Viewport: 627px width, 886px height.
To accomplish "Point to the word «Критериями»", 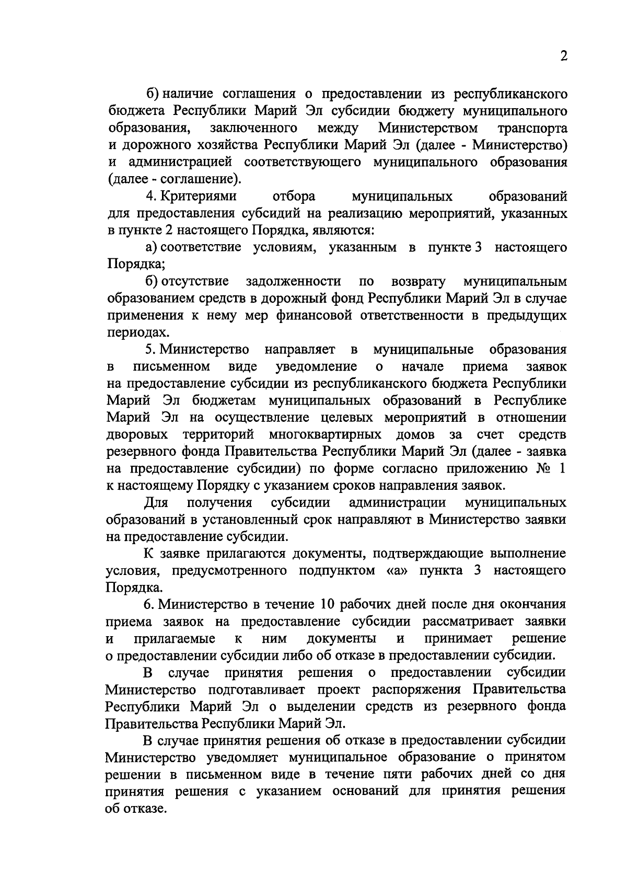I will tap(198, 197).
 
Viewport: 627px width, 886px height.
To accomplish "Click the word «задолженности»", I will tap(294, 282).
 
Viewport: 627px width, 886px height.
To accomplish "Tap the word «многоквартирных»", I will tap(326, 434).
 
